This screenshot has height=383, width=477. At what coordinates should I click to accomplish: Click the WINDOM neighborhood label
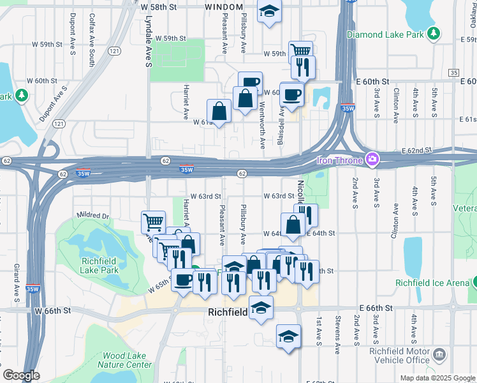pos(224,6)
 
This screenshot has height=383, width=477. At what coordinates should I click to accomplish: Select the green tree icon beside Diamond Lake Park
pos(434,32)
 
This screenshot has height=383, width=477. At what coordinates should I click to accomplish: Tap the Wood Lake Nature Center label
pos(124,360)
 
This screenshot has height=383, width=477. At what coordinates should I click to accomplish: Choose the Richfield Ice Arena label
pos(433,282)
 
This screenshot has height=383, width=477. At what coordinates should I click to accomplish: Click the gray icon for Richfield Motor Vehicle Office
pos(439,354)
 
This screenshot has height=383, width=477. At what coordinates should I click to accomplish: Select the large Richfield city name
pos(231,313)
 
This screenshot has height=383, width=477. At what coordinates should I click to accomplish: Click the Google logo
pos(21,375)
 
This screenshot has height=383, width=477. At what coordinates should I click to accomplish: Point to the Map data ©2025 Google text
pos(437,378)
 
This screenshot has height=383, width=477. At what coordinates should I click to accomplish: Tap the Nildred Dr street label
pos(92,216)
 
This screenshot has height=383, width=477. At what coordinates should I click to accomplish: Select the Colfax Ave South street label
pos(92,41)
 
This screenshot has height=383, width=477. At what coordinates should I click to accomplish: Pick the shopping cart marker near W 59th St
pos(300,50)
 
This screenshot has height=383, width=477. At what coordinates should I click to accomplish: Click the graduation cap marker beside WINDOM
pos(269,11)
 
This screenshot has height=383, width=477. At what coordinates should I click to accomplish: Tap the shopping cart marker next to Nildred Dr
pos(153,222)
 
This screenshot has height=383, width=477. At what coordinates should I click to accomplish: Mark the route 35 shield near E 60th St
pos(453,73)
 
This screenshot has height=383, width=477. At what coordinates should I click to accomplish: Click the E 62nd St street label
pos(435,151)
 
